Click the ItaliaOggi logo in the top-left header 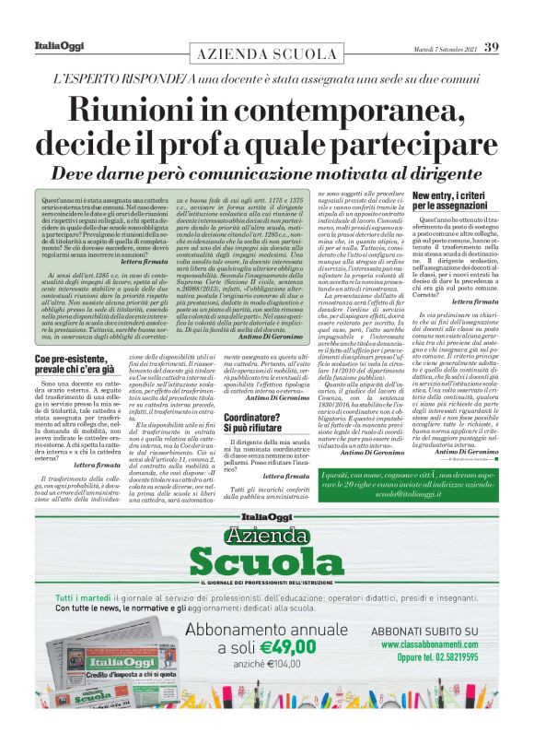(52, 47)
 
